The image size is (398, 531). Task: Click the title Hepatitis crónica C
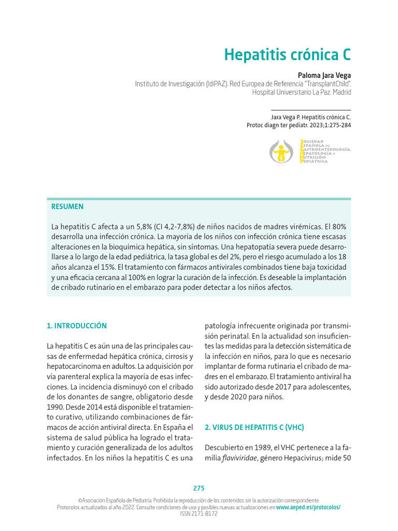point(287,54)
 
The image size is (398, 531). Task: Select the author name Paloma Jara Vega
point(324,75)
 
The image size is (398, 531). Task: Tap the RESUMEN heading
point(67,206)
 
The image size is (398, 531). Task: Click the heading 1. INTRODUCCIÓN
point(77,326)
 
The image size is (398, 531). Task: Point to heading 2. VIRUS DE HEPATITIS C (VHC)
point(254,427)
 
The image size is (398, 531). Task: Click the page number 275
point(199,488)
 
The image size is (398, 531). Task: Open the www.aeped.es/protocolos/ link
point(308,507)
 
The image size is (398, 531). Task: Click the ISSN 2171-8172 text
point(199,513)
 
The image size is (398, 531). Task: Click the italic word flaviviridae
point(239,458)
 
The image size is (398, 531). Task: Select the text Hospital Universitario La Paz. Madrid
point(301,92)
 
